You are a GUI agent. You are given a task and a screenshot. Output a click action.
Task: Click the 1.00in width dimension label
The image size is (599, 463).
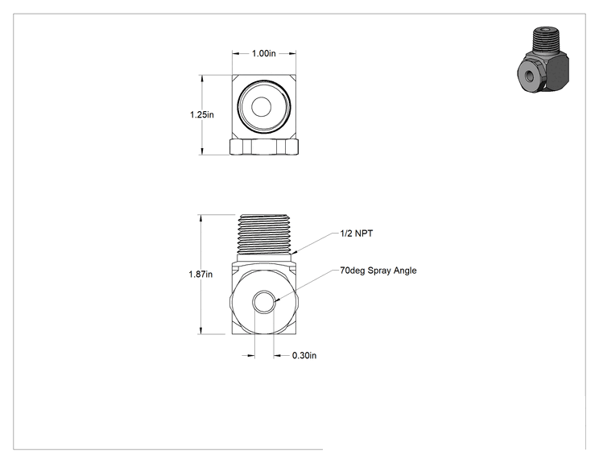263,53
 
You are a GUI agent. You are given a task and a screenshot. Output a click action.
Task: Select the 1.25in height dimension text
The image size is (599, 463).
202,114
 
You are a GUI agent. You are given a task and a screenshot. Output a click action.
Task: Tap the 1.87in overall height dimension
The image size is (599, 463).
200,275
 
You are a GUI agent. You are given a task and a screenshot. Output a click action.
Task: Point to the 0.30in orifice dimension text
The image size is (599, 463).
304,356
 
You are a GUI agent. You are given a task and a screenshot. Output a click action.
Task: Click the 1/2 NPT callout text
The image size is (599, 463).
357,234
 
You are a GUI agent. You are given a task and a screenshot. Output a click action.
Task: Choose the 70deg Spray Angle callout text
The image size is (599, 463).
378,271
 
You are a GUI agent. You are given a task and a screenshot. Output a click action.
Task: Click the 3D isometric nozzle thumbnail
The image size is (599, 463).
544,60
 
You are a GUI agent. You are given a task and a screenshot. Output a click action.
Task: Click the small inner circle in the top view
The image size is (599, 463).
262,106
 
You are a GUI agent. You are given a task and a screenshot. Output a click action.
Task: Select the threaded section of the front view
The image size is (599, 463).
263,234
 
